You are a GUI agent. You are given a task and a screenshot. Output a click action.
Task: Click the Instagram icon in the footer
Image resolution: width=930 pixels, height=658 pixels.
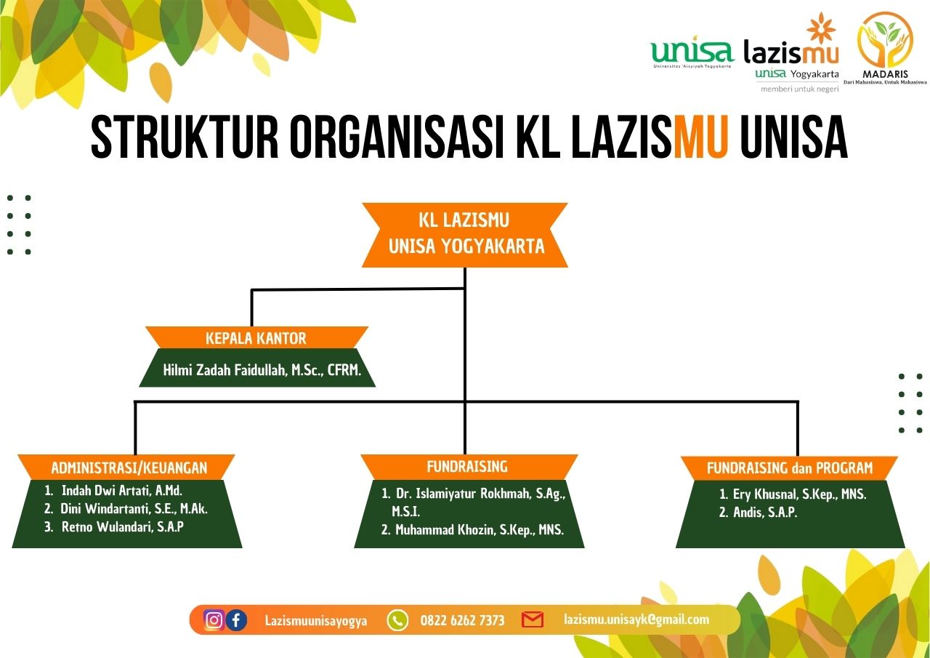pyautogui.click(x=214, y=620)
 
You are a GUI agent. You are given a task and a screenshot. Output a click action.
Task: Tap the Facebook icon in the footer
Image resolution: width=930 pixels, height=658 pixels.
pyautogui.click(x=236, y=620)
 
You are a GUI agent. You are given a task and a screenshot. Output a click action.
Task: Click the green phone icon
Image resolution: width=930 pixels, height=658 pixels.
pyautogui.click(x=397, y=620)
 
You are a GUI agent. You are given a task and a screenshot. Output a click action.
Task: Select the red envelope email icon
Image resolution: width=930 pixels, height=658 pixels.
pyautogui.click(x=533, y=620)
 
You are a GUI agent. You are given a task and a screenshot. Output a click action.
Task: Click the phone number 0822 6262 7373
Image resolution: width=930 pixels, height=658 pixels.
pyautogui.click(x=462, y=621)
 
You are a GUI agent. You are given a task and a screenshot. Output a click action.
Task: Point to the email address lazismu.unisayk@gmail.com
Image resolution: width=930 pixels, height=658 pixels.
pyautogui.click(x=636, y=619)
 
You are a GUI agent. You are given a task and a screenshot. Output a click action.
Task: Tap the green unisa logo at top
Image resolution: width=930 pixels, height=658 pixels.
pyautogui.click(x=692, y=52)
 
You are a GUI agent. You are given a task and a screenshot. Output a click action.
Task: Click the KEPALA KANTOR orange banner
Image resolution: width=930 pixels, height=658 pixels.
pyautogui.click(x=256, y=338)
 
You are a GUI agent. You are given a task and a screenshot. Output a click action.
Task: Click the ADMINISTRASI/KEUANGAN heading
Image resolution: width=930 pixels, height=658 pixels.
pyautogui.click(x=129, y=468)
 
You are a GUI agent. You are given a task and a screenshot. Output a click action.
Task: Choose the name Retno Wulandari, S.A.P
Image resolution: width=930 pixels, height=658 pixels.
pyautogui.click(x=122, y=527)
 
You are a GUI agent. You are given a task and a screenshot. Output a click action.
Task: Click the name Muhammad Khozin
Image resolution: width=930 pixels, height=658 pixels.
pyautogui.click(x=480, y=530)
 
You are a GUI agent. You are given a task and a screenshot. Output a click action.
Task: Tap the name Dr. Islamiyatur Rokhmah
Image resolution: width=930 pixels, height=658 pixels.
pyautogui.click(x=480, y=494)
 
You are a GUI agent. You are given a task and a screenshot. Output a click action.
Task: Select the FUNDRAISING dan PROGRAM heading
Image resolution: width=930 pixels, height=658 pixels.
pyautogui.click(x=790, y=468)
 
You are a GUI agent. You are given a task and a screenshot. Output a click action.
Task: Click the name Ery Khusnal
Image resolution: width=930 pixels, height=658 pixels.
pyautogui.click(x=799, y=494)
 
